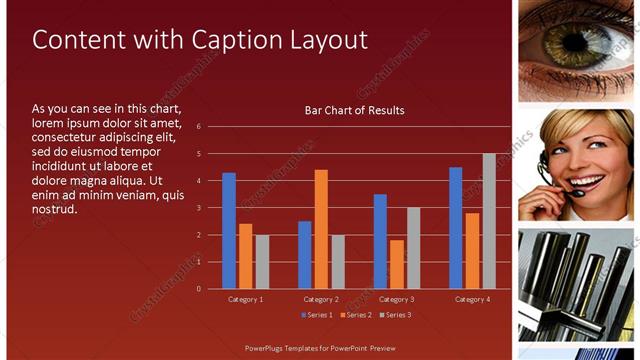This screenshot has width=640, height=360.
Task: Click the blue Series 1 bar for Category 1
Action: coord(229,231)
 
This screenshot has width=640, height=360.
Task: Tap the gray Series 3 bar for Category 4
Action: coord(489,221)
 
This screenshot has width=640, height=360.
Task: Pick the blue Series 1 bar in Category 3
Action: coord(380,241)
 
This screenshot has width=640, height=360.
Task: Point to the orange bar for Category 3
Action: coord(397,264)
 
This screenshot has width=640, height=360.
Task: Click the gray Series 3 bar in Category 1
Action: coord(262,262)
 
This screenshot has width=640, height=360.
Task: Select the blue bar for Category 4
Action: coord(456,228)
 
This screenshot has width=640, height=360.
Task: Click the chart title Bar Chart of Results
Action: coord(354,110)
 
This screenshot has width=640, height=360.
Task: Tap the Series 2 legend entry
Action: coord(357,315)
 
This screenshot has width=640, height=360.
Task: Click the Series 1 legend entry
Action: coord(318,315)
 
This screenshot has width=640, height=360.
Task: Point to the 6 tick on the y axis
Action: coord(199,127)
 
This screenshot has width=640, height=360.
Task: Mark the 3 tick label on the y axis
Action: coord(199,208)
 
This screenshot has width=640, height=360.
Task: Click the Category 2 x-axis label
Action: coord(321,299)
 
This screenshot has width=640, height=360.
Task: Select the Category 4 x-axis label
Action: coord(472,299)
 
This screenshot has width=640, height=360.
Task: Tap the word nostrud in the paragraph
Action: coord(54,210)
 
